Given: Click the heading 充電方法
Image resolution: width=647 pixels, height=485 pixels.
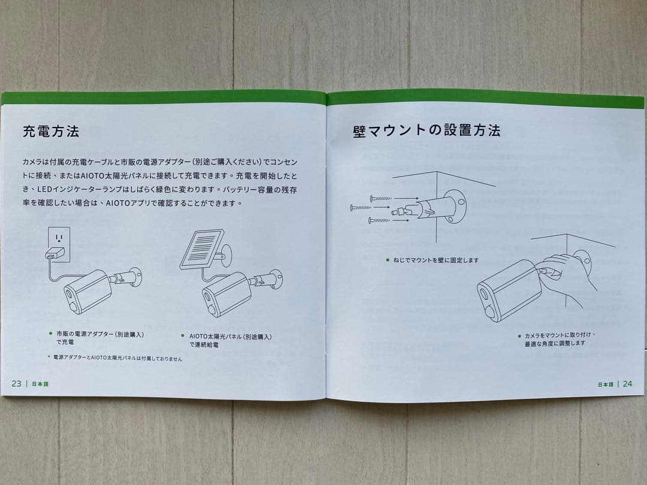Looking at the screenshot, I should coord(51,131).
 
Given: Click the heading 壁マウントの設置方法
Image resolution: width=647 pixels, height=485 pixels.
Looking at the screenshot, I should coord(427,130).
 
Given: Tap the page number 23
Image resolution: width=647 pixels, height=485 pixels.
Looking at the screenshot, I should coord(16,383).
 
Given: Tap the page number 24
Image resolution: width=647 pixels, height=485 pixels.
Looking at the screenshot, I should coord(627,384).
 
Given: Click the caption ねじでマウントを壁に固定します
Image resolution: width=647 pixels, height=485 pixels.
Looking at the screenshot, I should coord(436,260).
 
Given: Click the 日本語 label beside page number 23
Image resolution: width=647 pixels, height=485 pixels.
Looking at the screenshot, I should coord(40,384).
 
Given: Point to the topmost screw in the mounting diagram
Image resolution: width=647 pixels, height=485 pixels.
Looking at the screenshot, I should coord(381,198).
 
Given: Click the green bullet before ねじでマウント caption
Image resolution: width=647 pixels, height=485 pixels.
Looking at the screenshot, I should coord(388,260).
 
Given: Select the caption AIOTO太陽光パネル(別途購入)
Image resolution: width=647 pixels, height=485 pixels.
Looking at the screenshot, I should coord(230,337).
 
